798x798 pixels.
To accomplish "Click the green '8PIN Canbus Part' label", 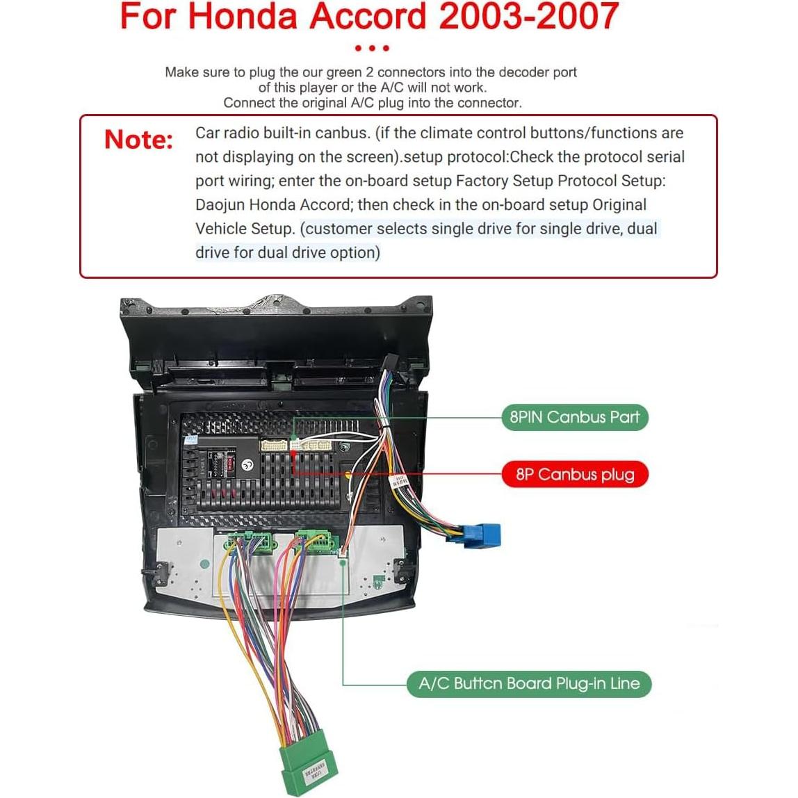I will (574, 417).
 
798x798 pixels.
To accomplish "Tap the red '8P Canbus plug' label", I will (575, 475).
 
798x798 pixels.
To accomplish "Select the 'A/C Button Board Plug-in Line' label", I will (529, 683).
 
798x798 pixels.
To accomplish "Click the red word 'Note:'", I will (138, 140).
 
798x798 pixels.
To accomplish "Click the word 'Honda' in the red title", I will (241, 17).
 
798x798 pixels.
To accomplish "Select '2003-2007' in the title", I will (528, 17).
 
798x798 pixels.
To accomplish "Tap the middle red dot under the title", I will (372, 48).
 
